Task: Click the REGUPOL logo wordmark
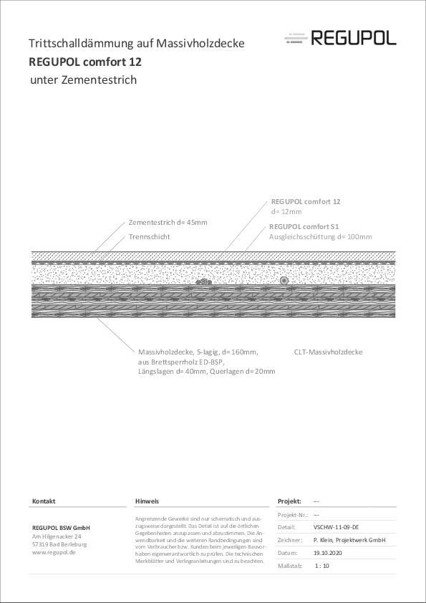point(353,38)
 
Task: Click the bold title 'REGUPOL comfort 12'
point(85,62)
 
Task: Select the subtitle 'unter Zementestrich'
point(83,79)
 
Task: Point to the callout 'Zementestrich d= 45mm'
point(168,223)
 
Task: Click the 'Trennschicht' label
point(150,236)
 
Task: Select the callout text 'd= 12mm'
point(286,212)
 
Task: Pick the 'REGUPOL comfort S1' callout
point(305,226)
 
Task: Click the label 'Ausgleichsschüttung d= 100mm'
point(320,236)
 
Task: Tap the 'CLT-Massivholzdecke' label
point(328,352)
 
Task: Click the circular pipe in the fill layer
point(284,281)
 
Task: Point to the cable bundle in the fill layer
point(203,282)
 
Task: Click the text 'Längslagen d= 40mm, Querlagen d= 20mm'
point(206,371)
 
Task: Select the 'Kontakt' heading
point(44,501)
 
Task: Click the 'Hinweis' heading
point(147,501)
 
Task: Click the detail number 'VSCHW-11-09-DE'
point(336,526)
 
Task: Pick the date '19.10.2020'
point(329,553)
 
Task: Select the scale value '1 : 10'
point(321,566)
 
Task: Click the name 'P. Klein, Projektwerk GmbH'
point(349,540)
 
